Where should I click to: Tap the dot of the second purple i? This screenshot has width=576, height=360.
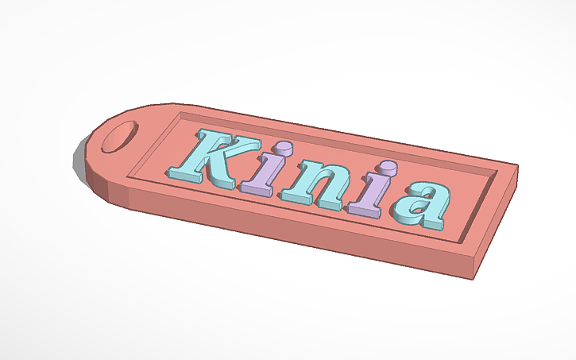387,169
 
